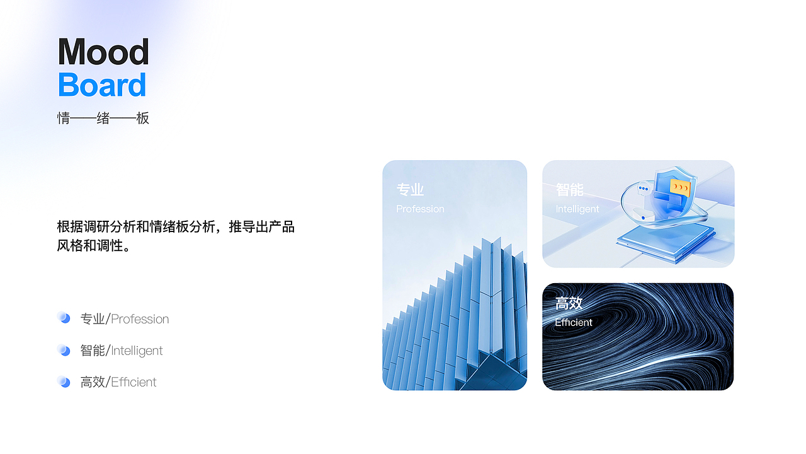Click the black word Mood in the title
point(103,52)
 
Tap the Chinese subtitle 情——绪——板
point(103,118)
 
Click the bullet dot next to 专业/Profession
point(64,317)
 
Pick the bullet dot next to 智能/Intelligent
point(64,349)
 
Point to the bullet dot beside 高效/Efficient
point(64,381)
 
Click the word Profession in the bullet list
point(140,319)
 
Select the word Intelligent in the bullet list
point(137,351)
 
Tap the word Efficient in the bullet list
point(133,382)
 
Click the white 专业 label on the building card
point(410,190)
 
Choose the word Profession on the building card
point(420,209)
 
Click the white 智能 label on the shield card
point(569,190)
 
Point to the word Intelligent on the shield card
point(577,209)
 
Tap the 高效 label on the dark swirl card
point(569,303)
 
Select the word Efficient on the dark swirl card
point(574,322)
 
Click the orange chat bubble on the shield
point(679,187)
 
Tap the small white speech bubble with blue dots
point(643,189)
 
